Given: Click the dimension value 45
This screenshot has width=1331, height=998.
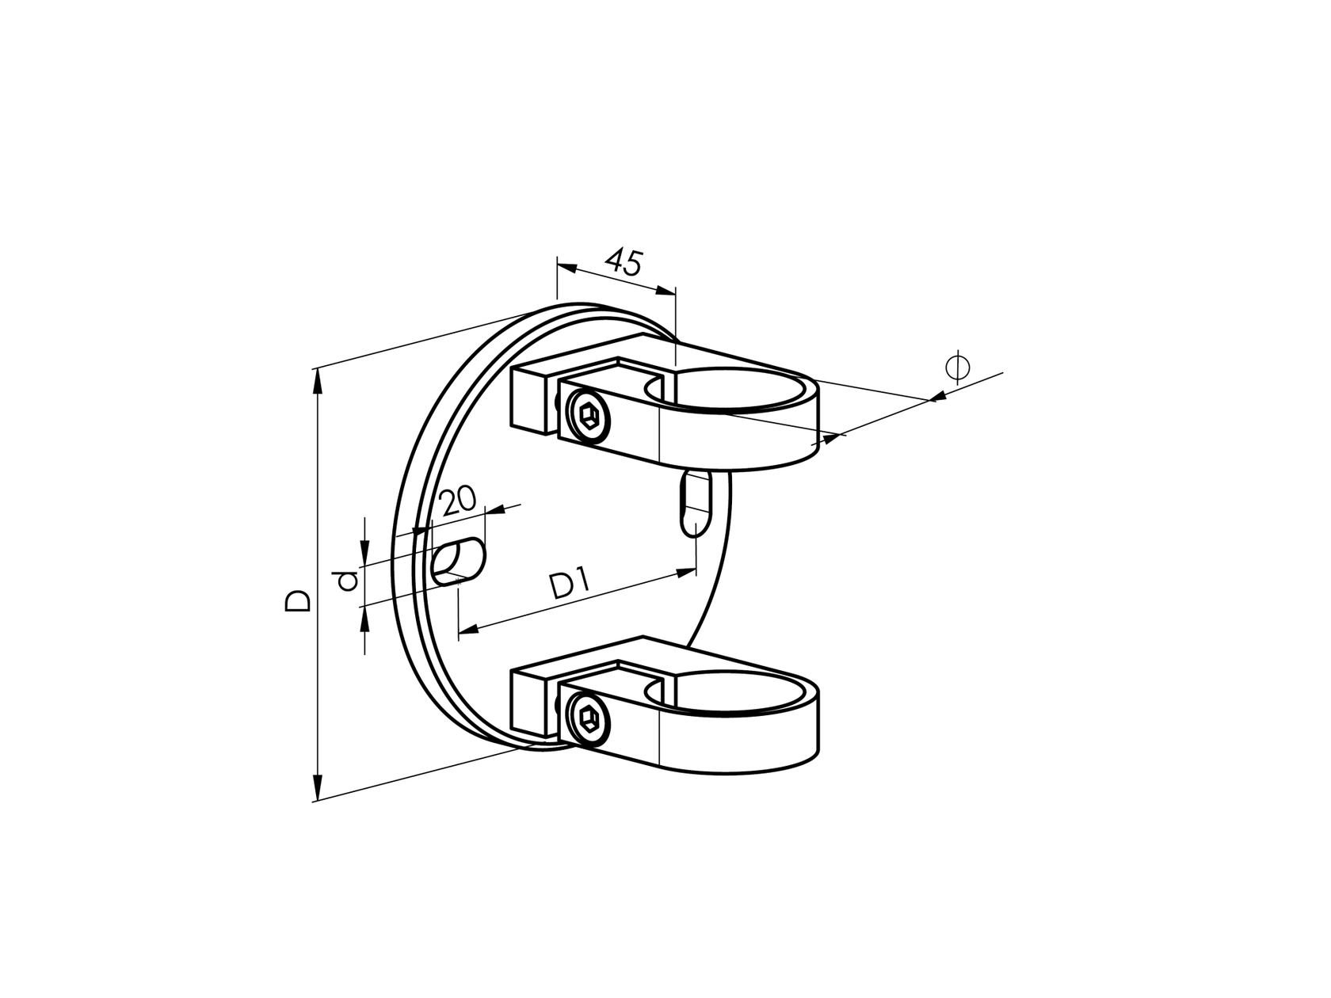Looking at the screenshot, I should coord(624,262).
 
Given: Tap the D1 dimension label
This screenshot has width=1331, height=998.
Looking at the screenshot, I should coord(570,587).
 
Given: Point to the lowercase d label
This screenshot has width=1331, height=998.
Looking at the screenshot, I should coord(345,582).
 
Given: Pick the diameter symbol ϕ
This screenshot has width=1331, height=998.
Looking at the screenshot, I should coord(957,367).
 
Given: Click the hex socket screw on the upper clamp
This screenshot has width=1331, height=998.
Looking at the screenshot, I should coord(588,414).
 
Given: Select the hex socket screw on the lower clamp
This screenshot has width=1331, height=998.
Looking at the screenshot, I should coord(588,718).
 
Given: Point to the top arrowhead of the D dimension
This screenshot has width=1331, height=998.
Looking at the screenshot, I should coord(318,381).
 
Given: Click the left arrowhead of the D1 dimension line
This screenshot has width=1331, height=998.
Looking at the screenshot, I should coord(467,630).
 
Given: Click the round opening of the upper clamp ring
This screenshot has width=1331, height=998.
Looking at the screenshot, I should coord(733,390).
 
